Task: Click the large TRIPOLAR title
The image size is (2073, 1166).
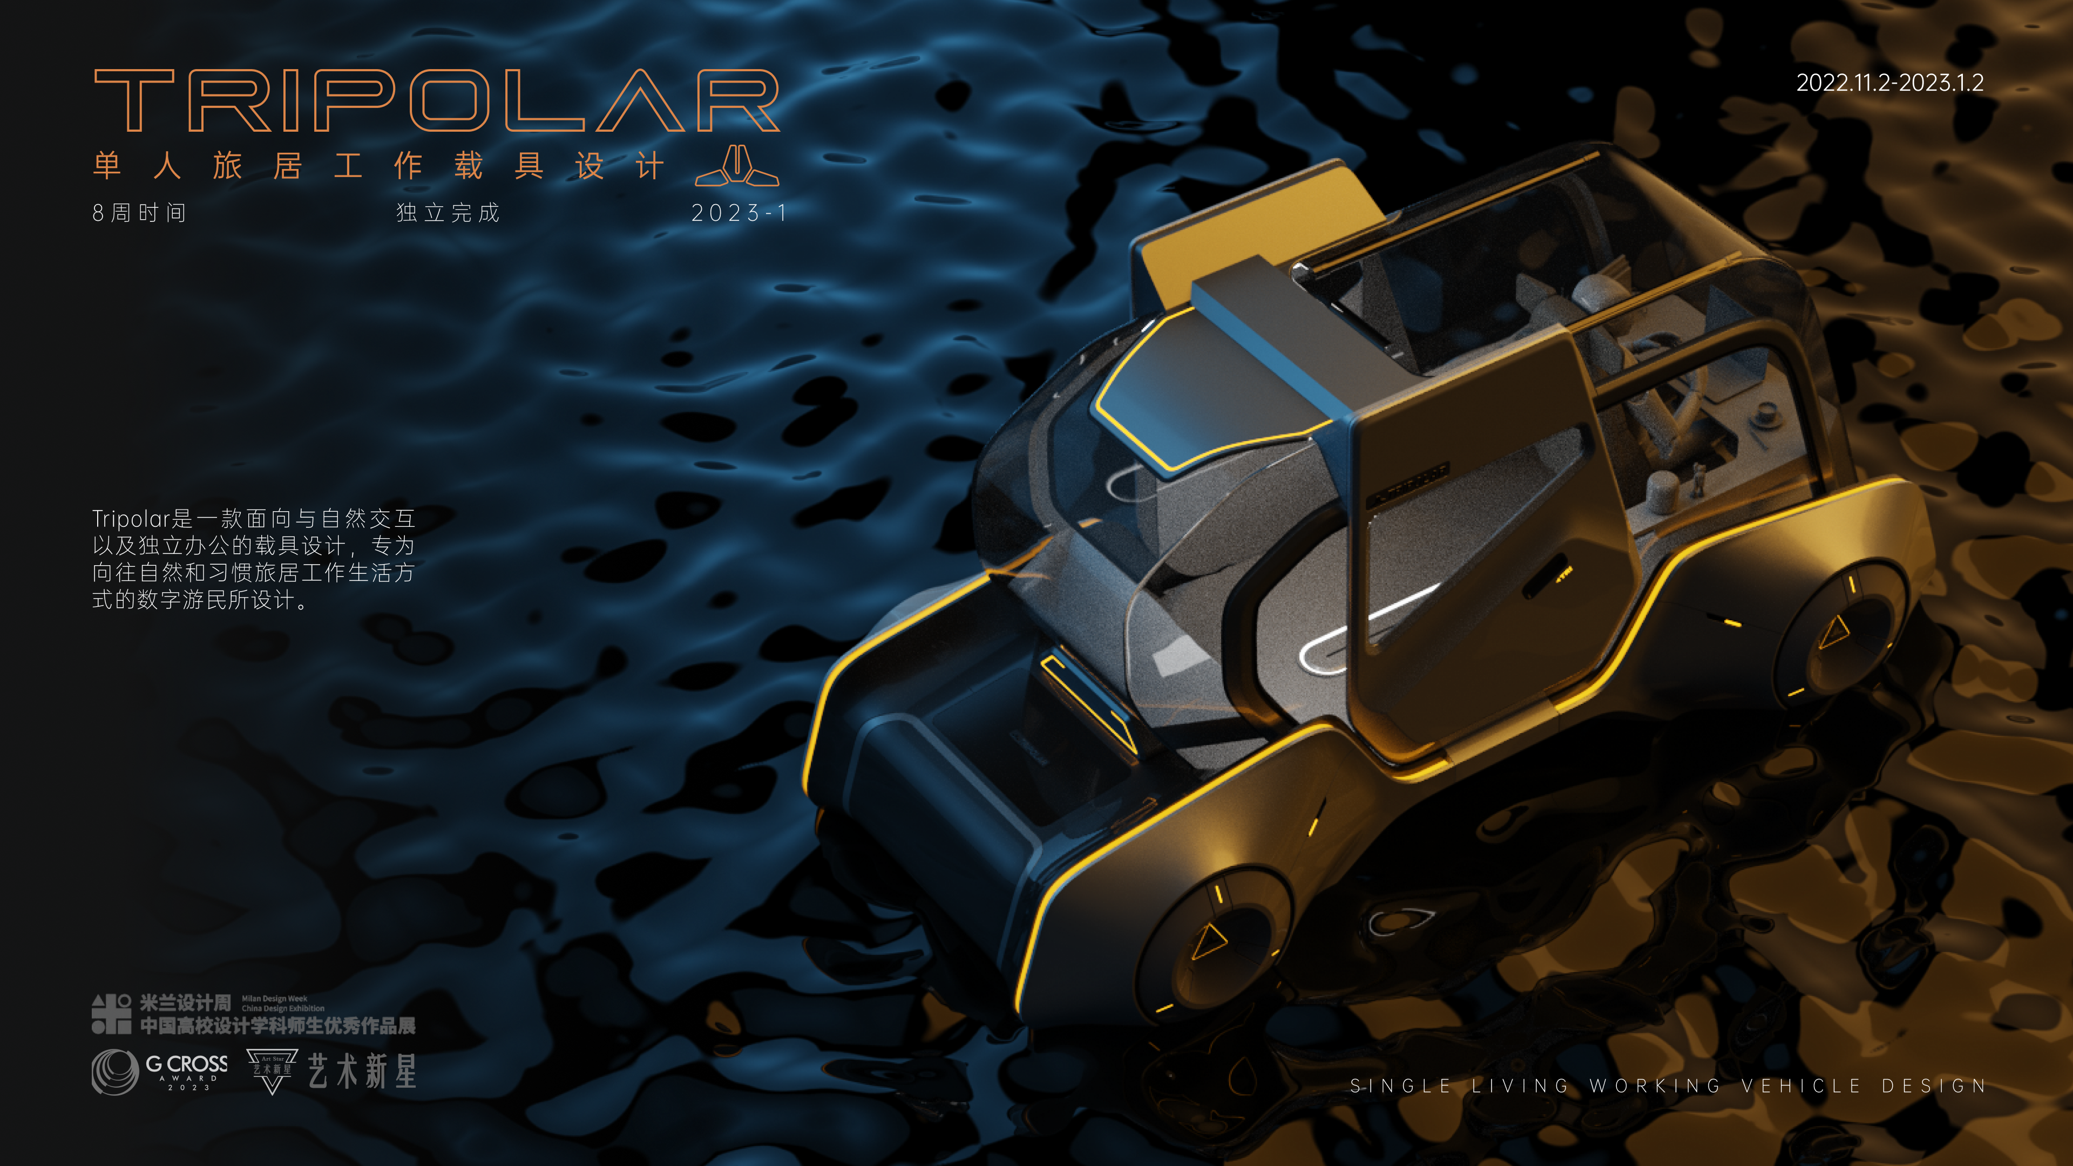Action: point(436,100)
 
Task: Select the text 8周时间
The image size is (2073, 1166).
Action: point(139,213)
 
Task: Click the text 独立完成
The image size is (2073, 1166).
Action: point(448,213)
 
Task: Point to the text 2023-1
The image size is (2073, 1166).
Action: point(739,213)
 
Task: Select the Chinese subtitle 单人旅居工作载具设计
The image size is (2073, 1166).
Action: point(378,167)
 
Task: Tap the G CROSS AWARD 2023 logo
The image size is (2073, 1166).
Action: point(161,1071)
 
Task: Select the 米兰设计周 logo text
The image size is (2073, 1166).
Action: point(185,1002)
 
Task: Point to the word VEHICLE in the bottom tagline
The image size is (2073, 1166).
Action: point(1801,1086)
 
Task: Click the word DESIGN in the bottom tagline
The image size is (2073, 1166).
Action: point(1934,1086)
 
